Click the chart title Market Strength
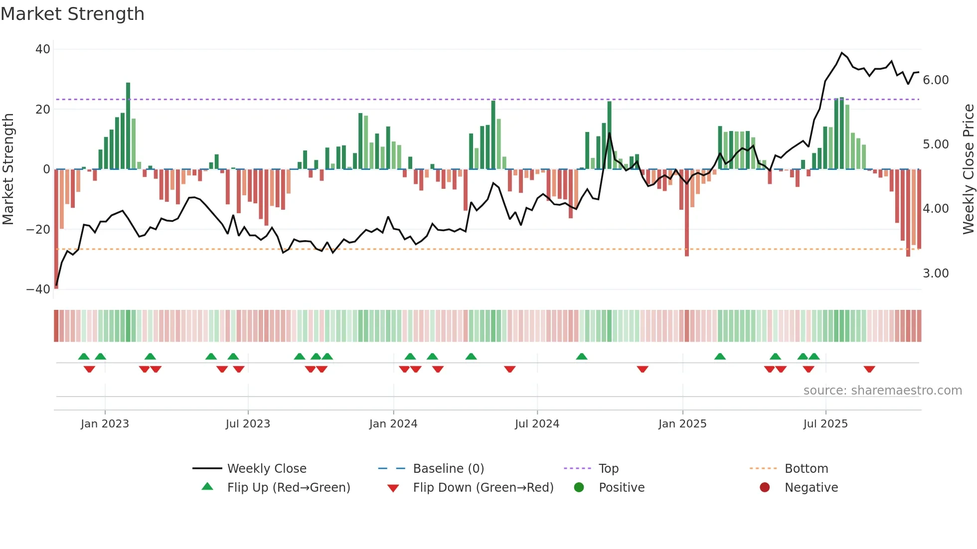pyautogui.click(x=72, y=14)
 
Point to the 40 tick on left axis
pyautogui.click(x=43, y=49)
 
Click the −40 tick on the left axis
pyautogui.click(x=38, y=289)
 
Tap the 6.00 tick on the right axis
pyautogui.click(x=936, y=80)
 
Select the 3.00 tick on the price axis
pyautogui.click(x=936, y=274)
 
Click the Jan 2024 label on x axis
pyautogui.click(x=393, y=424)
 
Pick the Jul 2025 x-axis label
pyautogui.click(x=825, y=424)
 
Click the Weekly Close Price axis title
pyautogui.click(x=968, y=169)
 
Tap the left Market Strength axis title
pyautogui.click(x=8, y=169)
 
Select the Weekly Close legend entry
pyautogui.click(x=266, y=469)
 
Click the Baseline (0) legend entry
pyautogui.click(x=448, y=469)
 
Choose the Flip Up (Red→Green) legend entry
pyautogui.click(x=288, y=488)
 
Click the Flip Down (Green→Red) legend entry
pyautogui.click(x=483, y=488)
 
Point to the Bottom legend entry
pyautogui.click(x=806, y=469)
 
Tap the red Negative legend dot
pyautogui.click(x=765, y=488)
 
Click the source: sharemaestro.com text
pyautogui.click(x=882, y=391)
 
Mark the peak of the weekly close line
pyautogui.click(x=842, y=53)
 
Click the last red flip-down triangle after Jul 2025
pyautogui.click(x=869, y=369)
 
